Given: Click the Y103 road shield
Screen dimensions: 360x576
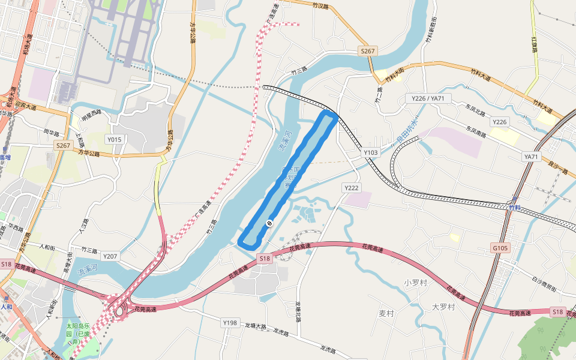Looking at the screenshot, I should point(371,153).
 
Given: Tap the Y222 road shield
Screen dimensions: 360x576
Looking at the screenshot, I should point(352,188).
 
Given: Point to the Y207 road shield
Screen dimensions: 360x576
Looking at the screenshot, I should point(110,257).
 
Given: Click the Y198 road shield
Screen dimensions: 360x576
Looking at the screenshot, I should point(230,323).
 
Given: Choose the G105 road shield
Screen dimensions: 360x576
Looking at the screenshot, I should point(500,247).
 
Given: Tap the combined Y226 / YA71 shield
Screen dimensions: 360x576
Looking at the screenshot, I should point(428,98).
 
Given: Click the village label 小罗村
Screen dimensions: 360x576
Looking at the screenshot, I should point(415,283).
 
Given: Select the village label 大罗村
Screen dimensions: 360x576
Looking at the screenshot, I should point(444,307).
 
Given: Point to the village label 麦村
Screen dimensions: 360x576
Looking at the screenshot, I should point(386,313).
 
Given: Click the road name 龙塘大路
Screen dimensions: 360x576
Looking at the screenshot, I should point(254,326).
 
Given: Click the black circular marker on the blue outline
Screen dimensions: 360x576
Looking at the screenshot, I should point(269,223).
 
